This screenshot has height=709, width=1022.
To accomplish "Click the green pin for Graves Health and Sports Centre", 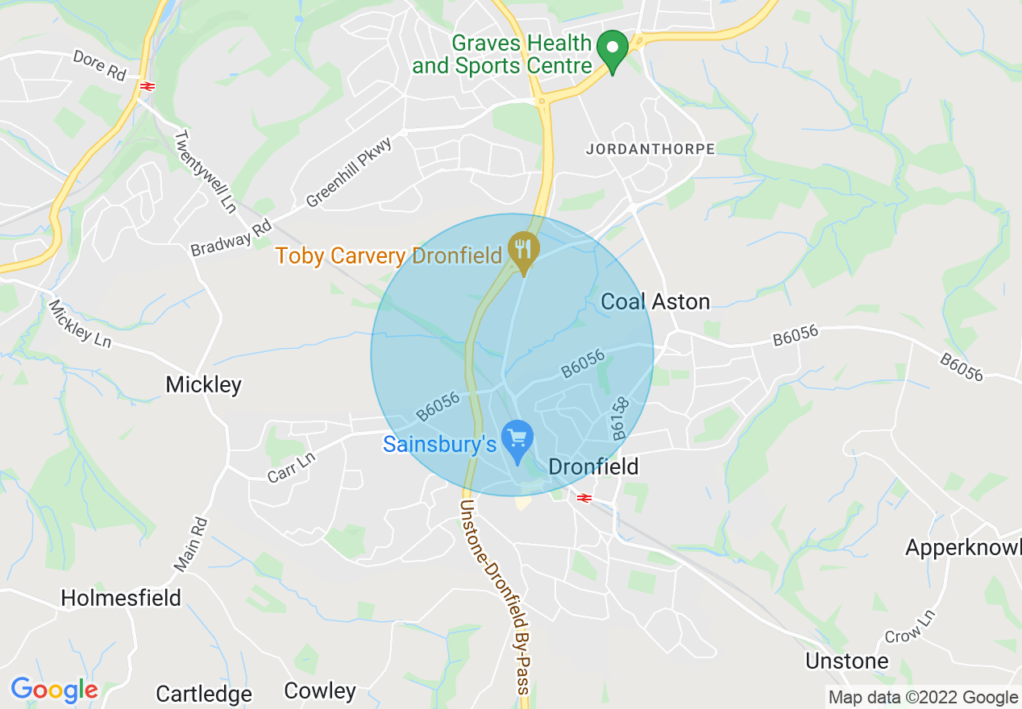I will click(612, 50).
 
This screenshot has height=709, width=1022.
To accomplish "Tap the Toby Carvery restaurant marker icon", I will click(524, 251).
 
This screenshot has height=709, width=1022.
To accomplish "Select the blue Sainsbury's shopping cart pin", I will click(517, 440).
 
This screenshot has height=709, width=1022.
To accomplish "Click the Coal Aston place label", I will click(656, 302).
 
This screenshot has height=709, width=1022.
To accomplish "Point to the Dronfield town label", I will click(593, 466).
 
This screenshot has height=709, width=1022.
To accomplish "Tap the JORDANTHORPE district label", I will click(650, 149).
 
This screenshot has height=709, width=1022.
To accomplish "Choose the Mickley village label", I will click(203, 385).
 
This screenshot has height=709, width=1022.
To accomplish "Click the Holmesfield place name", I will click(121, 598).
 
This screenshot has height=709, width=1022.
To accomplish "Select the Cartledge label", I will click(204, 694).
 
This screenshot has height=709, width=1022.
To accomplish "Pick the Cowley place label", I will click(320, 691).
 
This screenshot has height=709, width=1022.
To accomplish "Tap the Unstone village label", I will click(847, 661).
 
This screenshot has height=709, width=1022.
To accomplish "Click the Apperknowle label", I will click(962, 548).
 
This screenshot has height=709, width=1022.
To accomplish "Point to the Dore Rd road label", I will click(100, 64).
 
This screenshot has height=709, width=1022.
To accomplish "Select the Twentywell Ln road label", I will click(205, 172).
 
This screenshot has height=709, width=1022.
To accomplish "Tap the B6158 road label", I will click(619, 417).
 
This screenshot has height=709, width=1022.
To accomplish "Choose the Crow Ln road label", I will click(910, 626).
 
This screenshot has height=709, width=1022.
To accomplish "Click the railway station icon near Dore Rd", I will click(147, 85).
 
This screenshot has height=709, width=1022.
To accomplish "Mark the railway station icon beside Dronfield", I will click(584, 498).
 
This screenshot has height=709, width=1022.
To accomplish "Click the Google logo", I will click(54, 690).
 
